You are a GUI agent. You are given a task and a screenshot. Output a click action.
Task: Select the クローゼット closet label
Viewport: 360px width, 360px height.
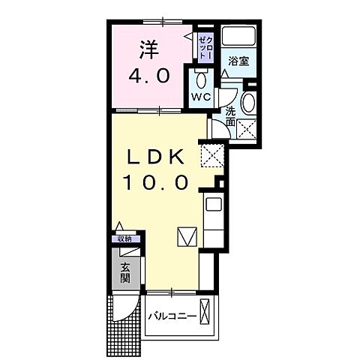click(204, 46)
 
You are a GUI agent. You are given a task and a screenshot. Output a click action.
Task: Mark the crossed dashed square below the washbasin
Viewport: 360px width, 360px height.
click(247, 129)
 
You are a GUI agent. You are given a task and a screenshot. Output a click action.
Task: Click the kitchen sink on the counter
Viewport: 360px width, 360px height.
click(211, 204)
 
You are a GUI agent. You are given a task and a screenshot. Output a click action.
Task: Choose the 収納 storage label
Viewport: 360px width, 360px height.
click(124, 238)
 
